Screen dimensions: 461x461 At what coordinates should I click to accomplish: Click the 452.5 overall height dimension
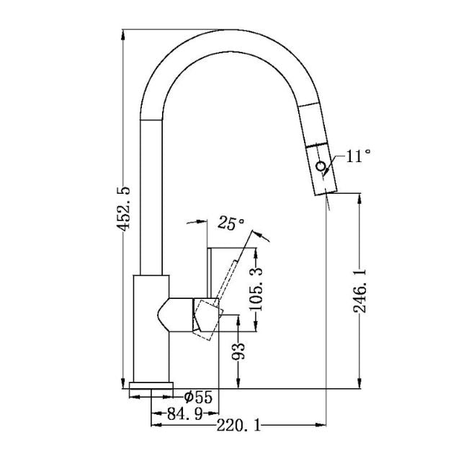(125, 209)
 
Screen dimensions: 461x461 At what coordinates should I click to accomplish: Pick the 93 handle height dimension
(241, 352)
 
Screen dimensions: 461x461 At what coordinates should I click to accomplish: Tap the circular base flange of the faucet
(151, 387)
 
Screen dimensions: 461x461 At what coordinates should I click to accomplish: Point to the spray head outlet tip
(325, 192)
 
